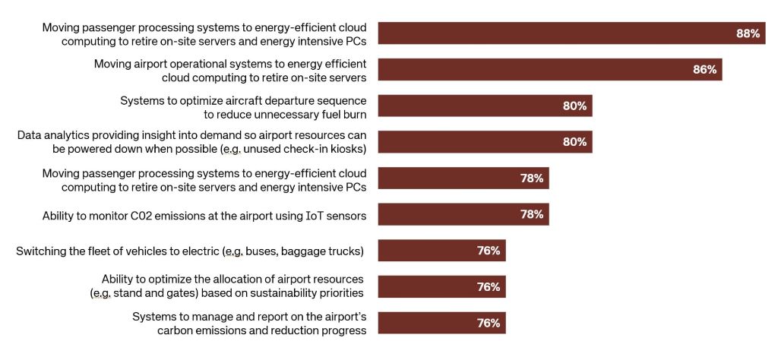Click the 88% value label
748,33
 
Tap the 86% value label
704,69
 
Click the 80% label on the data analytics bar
574,142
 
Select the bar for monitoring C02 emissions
463,214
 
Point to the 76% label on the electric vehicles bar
488,251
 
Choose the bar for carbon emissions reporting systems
441,323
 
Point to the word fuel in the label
318,114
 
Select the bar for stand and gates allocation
441,286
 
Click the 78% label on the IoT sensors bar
531,214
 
